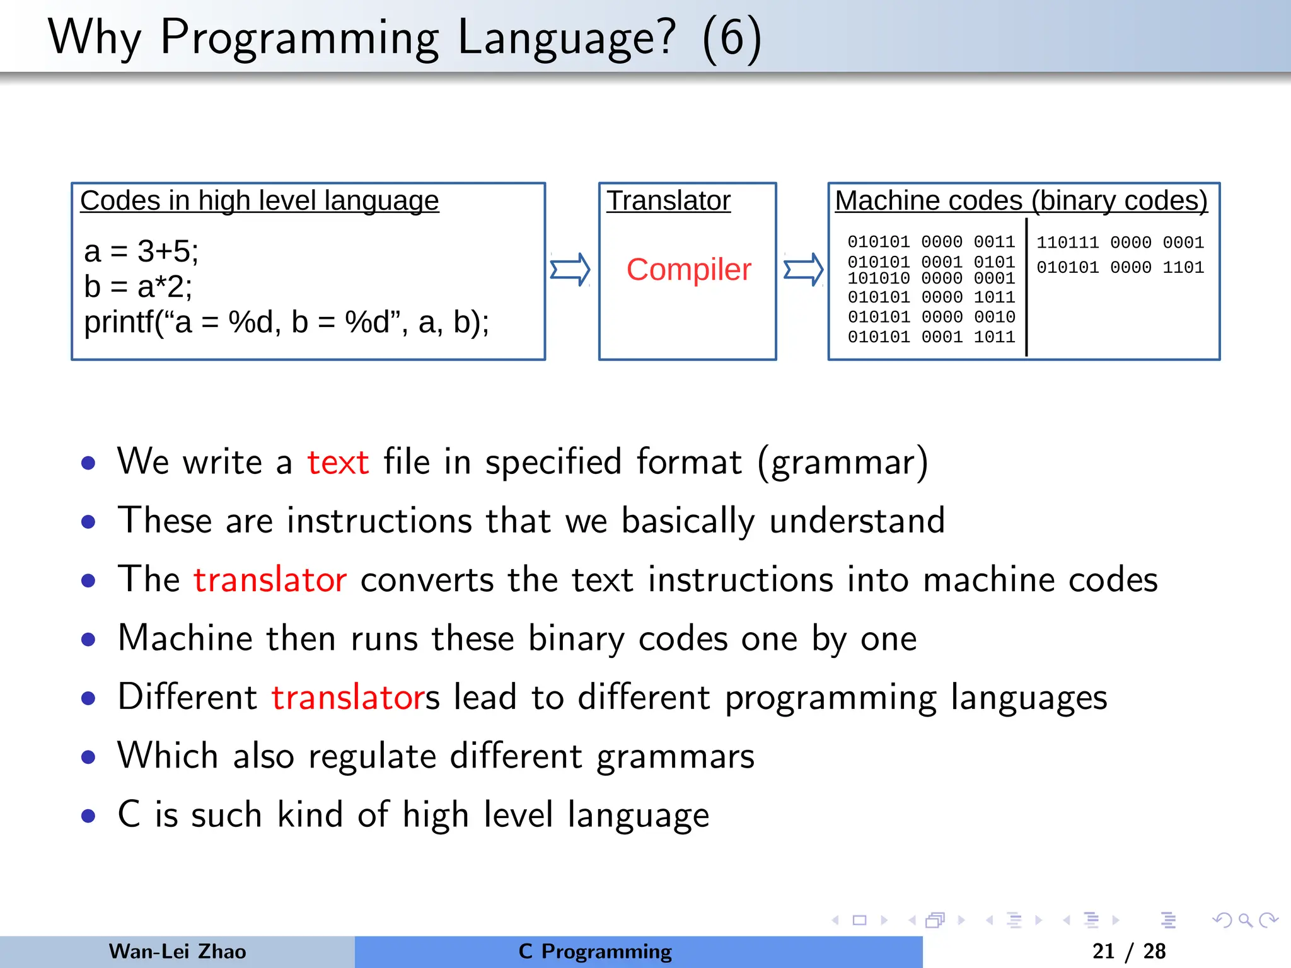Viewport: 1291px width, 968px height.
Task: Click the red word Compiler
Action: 688,270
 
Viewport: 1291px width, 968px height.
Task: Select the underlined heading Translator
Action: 668,201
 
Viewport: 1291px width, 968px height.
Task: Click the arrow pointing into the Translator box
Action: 570,270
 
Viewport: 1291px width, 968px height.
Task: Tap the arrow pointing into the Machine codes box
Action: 803,270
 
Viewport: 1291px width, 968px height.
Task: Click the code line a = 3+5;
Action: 141,251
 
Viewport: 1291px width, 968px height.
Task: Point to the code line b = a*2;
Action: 138,287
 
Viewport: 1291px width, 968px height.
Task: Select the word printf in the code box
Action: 119,323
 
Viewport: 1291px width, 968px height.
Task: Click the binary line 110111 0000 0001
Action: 1120,243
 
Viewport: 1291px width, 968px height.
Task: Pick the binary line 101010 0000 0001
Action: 931,279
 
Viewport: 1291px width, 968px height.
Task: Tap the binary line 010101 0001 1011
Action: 931,337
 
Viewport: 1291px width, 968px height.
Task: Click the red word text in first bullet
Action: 337,462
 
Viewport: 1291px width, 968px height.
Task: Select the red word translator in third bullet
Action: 270,580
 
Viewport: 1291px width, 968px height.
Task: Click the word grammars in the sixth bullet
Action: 675,756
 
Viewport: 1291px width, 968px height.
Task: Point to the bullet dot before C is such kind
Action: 88,816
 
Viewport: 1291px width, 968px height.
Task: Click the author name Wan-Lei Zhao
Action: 177,952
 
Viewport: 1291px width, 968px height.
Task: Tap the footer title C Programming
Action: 595,952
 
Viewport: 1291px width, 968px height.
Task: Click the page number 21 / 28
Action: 1128,952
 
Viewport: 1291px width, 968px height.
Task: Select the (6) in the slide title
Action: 731,38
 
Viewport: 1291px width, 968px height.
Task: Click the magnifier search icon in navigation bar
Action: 1245,920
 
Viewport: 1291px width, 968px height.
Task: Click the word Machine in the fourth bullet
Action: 185,638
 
